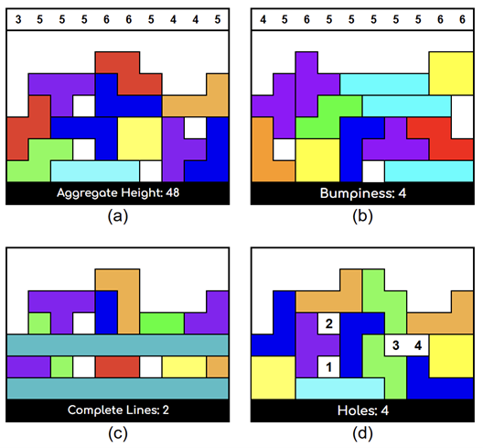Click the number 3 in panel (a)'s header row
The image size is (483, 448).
point(18,20)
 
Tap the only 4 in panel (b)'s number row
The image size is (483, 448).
point(263,20)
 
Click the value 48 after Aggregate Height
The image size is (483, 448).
point(173,192)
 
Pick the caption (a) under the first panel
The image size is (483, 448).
point(118,216)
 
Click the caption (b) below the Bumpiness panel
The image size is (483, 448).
point(362,216)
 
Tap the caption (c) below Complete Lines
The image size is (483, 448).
point(118,433)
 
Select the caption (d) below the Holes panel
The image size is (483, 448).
point(362,433)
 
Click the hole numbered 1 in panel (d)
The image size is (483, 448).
point(328,366)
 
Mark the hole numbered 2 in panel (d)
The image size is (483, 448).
point(328,323)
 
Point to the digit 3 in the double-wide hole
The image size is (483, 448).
point(396,345)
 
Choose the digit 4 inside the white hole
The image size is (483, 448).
point(418,345)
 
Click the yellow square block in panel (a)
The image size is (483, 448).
point(140,139)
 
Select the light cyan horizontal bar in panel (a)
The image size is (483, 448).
point(95,171)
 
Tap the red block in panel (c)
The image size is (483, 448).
point(117,366)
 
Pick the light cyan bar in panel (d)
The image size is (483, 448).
point(340,388)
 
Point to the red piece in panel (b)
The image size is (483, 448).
point(441,139)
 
